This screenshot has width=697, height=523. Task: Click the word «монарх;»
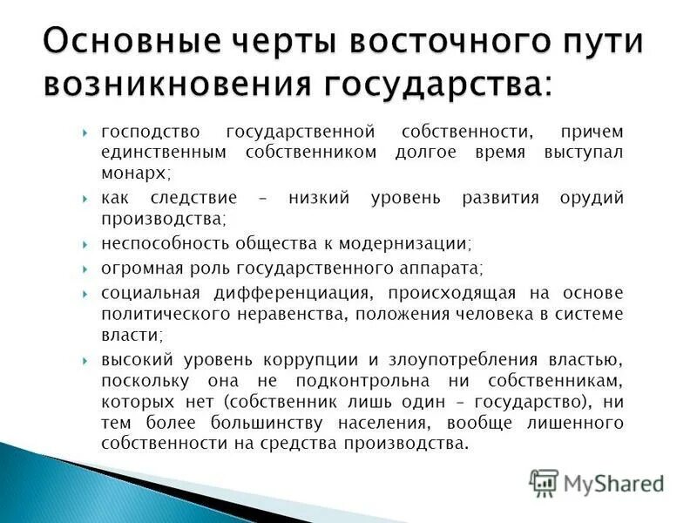tap(133, 173)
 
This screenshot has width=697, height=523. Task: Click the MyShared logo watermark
tap(597, 482)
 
